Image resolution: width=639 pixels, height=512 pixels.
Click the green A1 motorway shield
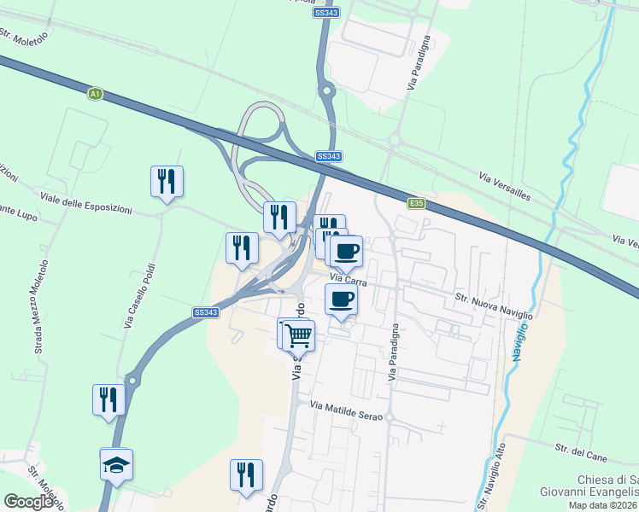(x=95, y=93)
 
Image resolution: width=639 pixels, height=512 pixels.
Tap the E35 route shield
(x=416, y=203)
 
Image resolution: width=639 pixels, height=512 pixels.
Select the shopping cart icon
(x=298, y=335)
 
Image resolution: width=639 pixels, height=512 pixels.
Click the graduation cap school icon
(x=115, y=465)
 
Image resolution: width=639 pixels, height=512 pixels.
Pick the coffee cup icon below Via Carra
(x=342, y=300)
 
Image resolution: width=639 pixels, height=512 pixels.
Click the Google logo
(x=28, y=502)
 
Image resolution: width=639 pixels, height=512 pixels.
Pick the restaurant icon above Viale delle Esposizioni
(x=167, y=181)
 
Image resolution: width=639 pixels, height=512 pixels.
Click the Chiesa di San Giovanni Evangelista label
(x=589, y=485)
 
